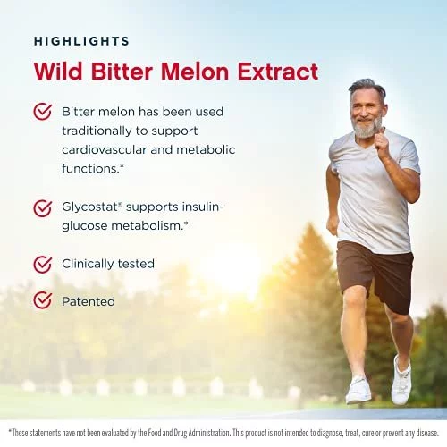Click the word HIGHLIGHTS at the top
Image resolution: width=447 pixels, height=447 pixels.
point(81,41)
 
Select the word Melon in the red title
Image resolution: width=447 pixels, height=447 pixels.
point(195,72)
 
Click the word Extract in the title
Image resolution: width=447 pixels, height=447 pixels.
point(278,72)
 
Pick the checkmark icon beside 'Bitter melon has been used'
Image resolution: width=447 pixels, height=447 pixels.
point(43,112)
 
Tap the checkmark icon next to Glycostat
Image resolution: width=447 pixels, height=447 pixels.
point(43,208)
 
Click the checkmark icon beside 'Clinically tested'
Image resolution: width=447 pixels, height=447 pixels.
point(43,264)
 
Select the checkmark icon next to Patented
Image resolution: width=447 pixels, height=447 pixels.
point(43,300)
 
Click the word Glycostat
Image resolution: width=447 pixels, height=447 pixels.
point(90,207)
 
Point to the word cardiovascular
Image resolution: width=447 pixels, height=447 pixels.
point(105,149)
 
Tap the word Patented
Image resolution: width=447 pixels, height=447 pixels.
point(89,301)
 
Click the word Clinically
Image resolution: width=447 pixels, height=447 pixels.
point(88,264)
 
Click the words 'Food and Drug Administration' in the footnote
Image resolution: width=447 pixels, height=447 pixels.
point(184,433)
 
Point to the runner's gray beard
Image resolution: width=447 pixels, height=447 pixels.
point(367,128)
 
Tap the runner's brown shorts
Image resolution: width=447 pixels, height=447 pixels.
point(375,275)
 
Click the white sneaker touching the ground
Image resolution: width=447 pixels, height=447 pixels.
point(358,391)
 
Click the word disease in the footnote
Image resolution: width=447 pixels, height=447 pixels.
point(427,433)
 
